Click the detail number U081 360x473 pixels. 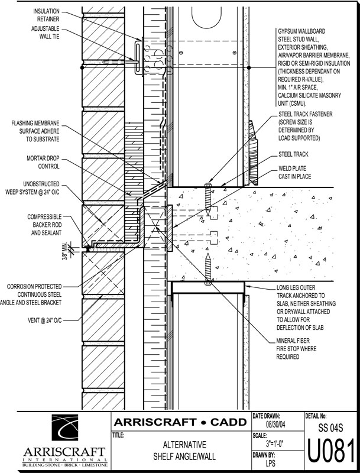332,451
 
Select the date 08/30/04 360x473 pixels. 275,425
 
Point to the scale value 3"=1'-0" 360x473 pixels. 275,443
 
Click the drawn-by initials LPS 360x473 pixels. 275,465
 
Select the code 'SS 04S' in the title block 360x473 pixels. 332,427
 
